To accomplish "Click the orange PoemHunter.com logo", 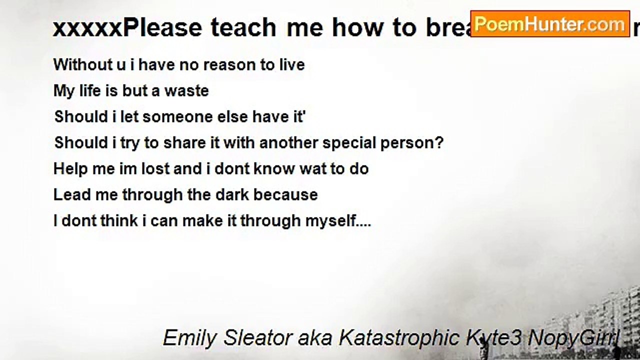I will pos(549,24).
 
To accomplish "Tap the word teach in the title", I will pos(243,28).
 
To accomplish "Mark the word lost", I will pos(155,168).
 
